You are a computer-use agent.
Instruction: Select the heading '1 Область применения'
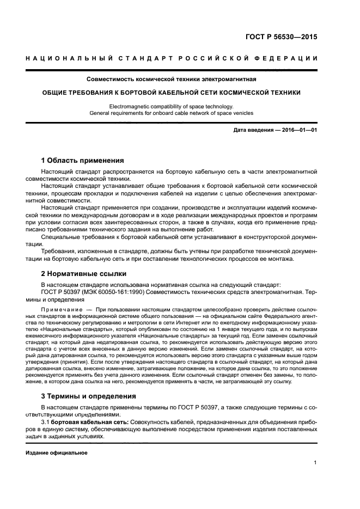[x=83, y=161]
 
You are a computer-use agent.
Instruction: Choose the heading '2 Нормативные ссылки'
[x=84, y=273]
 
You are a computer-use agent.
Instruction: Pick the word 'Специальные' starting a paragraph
[x=59, y=237]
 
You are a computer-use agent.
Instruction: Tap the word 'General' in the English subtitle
[x=100, y=113]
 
